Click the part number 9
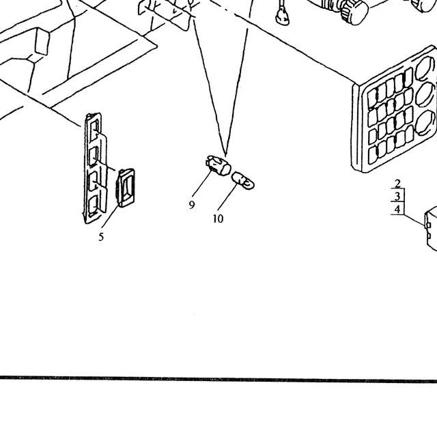point(191,205)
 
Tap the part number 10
point(218,218)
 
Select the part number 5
point(101,237)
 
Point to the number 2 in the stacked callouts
point(397,184)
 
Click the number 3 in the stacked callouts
point(397,196)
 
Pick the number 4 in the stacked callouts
point(397,209)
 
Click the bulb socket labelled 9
point(218,165)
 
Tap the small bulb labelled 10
point(243,180)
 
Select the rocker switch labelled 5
point(126,188)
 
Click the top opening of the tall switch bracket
point(94,128)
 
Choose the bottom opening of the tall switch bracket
point(93,206)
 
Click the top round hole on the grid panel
point(424,68)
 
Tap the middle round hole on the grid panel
point(425,94)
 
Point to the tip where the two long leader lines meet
point(226,155)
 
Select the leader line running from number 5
point(110,216)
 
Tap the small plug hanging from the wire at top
point(282,17)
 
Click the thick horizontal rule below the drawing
point(218,379)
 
